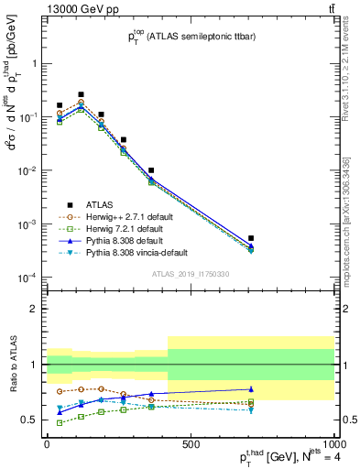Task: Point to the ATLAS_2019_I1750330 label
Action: pos(190,274)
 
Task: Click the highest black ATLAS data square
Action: pos(81,94)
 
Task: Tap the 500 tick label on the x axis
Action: pos(190,443)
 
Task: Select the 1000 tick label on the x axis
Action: pos(332,443)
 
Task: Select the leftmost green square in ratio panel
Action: pos(60,423)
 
